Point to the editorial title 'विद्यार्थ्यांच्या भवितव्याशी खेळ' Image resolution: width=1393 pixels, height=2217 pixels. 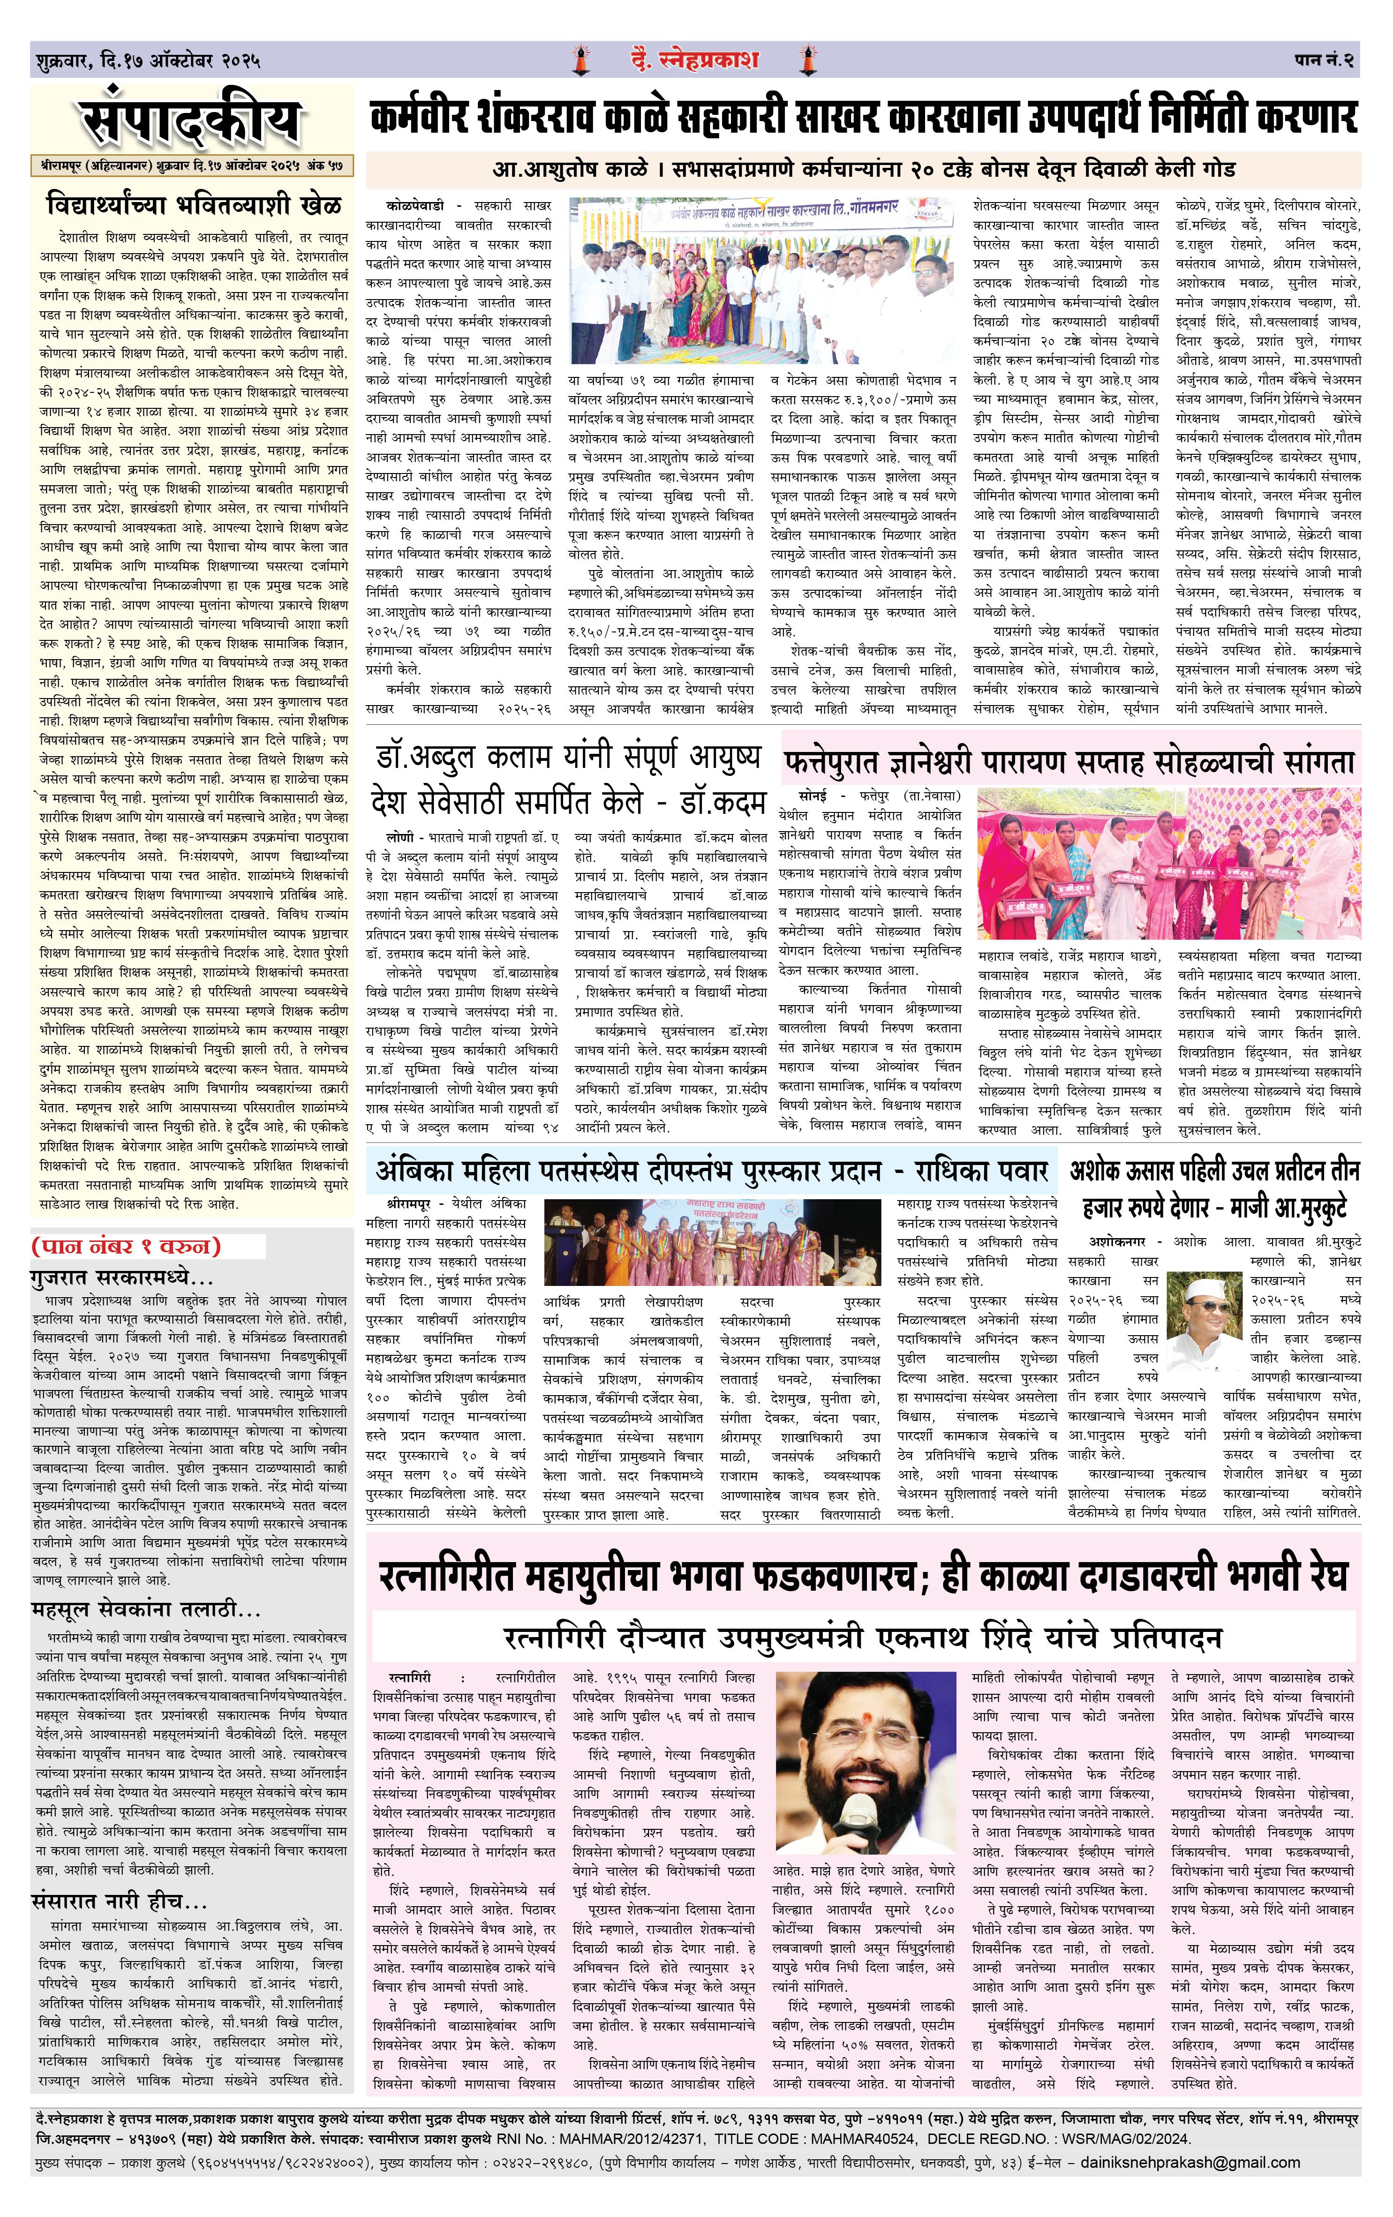point(193,203)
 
